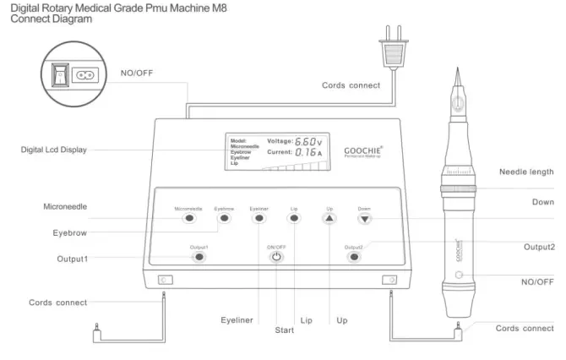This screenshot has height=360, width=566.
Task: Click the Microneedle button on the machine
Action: point(189,218)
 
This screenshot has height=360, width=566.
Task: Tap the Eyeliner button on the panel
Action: point(259,218)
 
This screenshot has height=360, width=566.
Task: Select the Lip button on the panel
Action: point(294,218)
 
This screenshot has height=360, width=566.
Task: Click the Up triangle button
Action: point(329,218)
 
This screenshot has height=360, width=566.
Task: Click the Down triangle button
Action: point(364,218)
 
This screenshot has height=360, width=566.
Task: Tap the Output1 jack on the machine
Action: point(199,256)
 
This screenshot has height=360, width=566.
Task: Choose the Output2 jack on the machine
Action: point(353,256)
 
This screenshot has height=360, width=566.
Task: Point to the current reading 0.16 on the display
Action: point(307,153)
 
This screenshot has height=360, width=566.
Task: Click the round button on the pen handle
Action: point(459,276)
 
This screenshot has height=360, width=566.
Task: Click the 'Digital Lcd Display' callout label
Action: point(57,150)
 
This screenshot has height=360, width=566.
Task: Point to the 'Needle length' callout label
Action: point(526,172)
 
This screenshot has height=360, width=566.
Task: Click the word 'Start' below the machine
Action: point(284,330)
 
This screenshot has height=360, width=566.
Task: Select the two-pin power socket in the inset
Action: point(85,74)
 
